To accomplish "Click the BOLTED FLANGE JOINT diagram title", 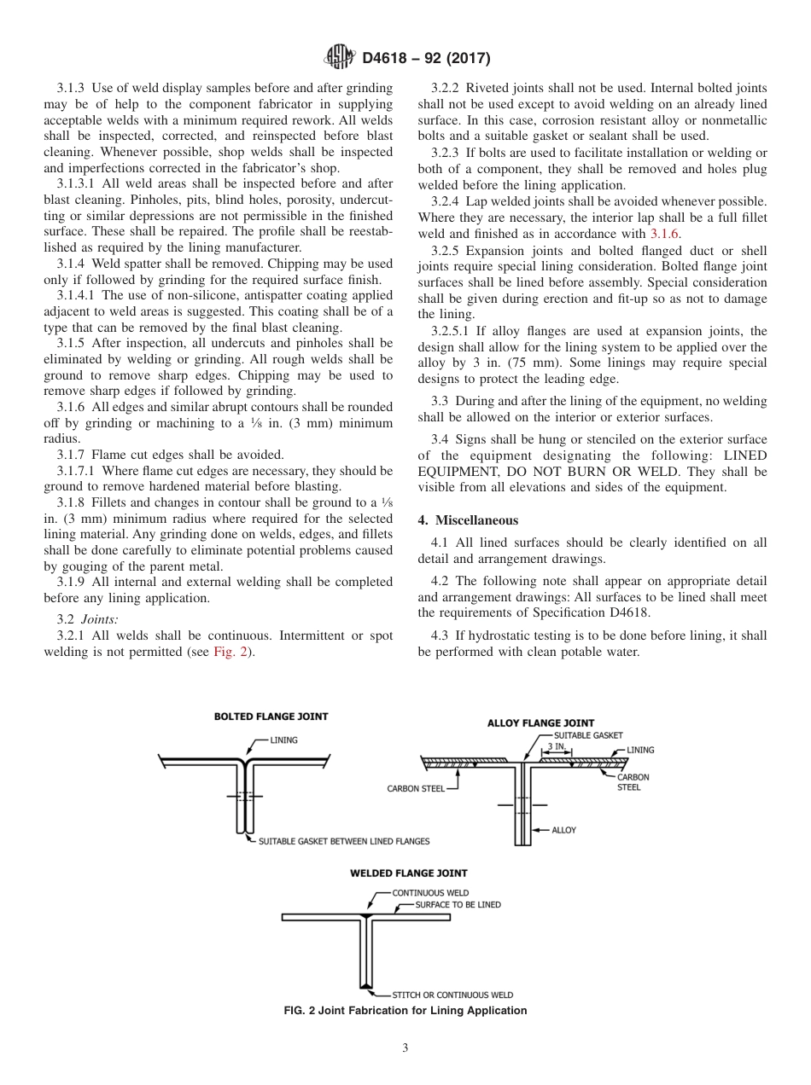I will [271, 717].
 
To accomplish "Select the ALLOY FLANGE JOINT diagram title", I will [540, 723].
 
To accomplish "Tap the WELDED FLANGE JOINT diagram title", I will [408, 873].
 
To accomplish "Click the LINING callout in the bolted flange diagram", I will [284, 740].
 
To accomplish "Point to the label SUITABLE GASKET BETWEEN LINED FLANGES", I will [344, 841].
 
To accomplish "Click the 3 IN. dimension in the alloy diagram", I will [556, 746].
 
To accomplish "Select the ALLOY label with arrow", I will [563, 829].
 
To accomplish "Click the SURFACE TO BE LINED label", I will [458, 904].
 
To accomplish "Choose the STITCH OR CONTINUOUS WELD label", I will [452, 995].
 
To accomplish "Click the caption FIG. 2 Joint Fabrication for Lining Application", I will [405, 1011].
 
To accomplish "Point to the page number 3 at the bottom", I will [405, 1047].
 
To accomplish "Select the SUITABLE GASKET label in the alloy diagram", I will [588, 735].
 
